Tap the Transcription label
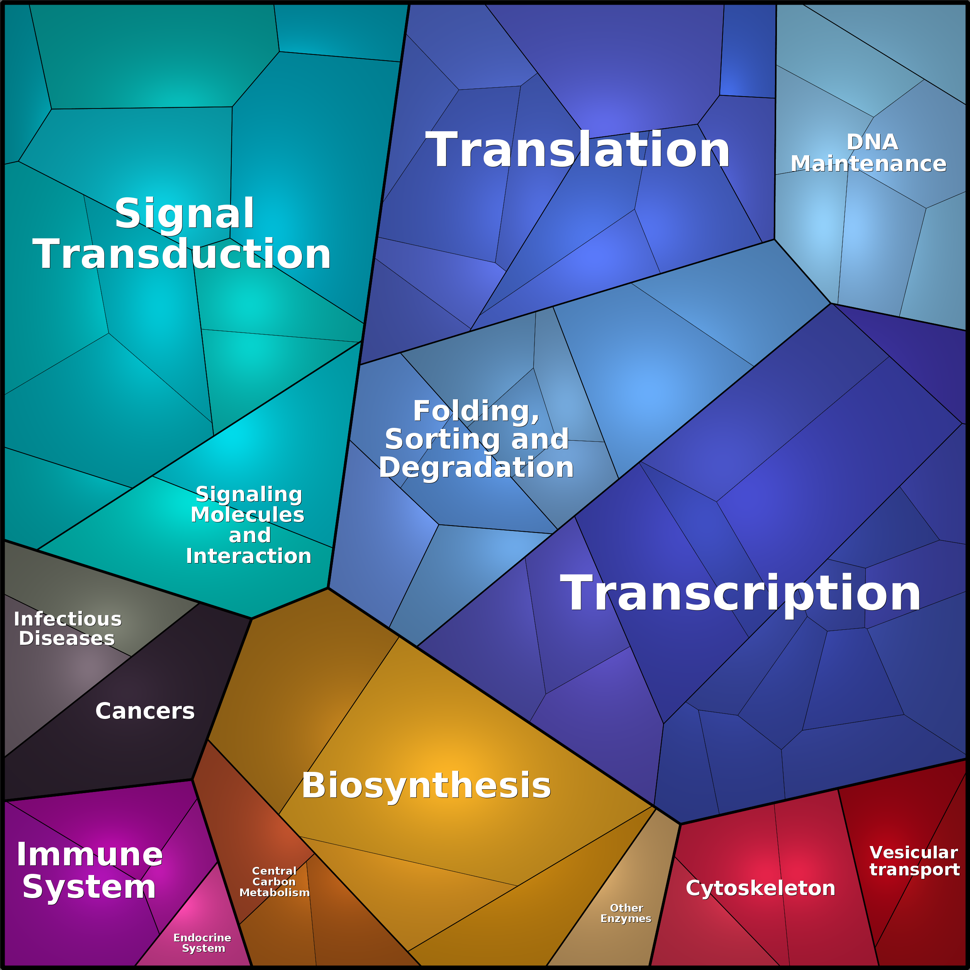(740, 594)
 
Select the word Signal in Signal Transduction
(184, 214)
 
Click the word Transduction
(182, 254)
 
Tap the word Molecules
(248, 515)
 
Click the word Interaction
(249, 556)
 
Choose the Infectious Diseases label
(67, 629)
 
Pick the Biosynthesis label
(426, 785)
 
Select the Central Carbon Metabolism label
(274, 882)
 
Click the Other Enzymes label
(626, 913)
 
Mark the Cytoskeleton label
(761, 888)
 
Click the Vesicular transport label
(914, 861)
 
